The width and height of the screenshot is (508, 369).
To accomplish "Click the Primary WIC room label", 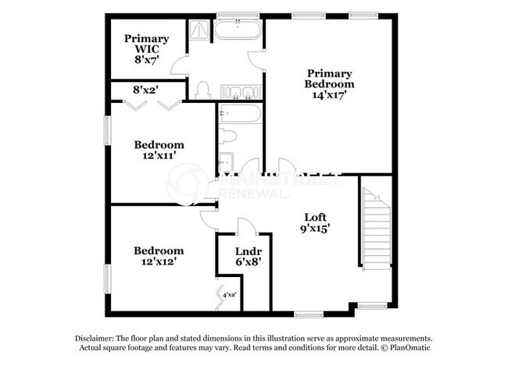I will point(146,49).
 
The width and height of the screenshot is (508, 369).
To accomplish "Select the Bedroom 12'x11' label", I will point(159,150).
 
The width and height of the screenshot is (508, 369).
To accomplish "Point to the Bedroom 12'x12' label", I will point(159,256).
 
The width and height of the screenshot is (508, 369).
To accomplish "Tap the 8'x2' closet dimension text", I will point(147,90).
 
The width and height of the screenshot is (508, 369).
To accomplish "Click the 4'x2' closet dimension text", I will point(230,295).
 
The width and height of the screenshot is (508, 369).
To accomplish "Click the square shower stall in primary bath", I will point(199,30).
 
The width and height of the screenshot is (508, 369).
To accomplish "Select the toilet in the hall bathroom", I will point(227,137).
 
